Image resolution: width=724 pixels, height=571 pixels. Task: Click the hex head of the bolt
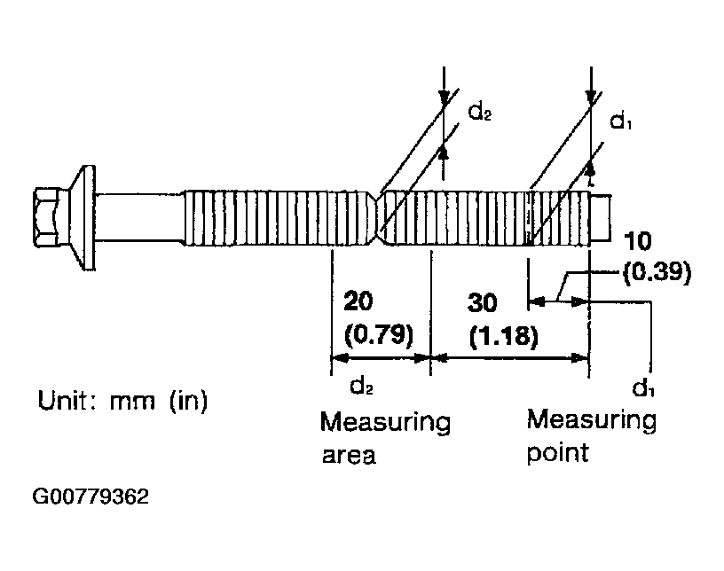point(47,216)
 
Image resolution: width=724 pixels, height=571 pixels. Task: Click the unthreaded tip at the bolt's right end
point(601,217)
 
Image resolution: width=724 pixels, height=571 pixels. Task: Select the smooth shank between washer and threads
point(139,217)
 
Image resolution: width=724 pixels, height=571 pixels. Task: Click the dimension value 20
point(358,301)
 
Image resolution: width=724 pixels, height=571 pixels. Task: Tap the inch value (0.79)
point(379,333)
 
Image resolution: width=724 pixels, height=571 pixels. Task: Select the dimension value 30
point(483,303)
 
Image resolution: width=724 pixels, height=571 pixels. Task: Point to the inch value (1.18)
point(504,336)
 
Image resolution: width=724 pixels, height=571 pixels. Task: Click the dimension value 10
point(638,241)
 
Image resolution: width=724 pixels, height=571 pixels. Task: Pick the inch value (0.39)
point(657,272)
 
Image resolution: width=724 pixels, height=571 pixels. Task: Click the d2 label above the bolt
point(480,112)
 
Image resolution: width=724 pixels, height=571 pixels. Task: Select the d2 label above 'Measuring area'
point(361,386)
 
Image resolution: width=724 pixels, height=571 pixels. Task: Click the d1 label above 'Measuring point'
point(643,387)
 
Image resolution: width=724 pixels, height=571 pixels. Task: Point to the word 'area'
point(349,456)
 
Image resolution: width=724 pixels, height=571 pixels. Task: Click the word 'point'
point(558,452)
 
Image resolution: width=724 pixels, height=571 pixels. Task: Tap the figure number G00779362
point(90,497)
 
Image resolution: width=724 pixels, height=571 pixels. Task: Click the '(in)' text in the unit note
point(188,401)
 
